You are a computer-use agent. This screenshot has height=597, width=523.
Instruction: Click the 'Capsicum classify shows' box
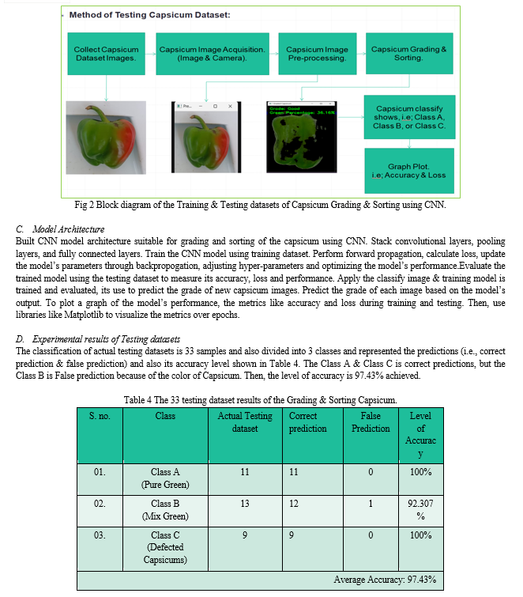[408, 117]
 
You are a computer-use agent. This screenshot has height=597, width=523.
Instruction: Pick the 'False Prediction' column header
[371, 422]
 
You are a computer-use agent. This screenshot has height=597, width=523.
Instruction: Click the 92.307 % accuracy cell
[420, 509]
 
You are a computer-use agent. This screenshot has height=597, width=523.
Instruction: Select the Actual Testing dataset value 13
[245, 503]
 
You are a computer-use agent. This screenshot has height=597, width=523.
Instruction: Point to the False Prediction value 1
[371, 503]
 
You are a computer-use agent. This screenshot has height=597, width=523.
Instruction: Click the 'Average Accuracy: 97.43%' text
[385, 580]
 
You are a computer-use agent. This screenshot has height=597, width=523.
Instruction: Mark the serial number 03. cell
[100, 535]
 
